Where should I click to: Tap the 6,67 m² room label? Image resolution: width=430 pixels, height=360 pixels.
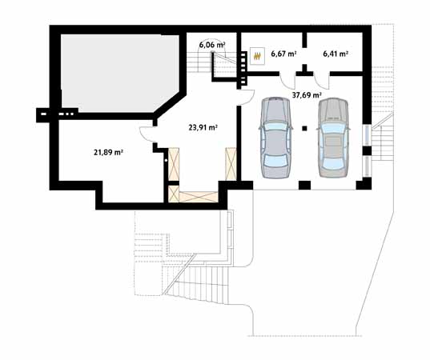(283, 54)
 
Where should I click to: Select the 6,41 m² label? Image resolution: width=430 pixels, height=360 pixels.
(336, 54)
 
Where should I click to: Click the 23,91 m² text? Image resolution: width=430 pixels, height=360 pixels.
(203, 126)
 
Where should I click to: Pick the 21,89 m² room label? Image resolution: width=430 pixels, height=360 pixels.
(108, 151)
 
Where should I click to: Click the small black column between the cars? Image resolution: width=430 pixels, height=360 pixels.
(304, 126)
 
